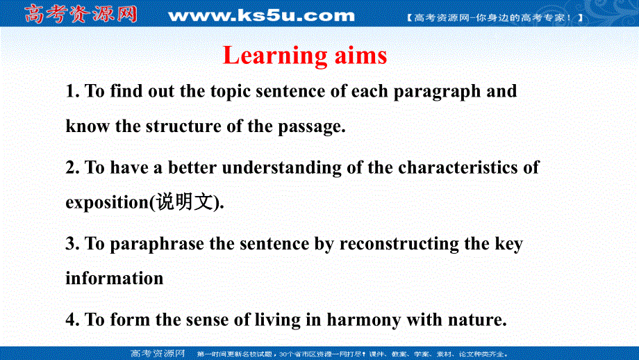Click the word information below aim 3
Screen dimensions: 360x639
[115, 278]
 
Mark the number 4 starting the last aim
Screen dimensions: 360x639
[70, 320]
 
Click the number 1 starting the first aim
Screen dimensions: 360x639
[69, 91]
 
